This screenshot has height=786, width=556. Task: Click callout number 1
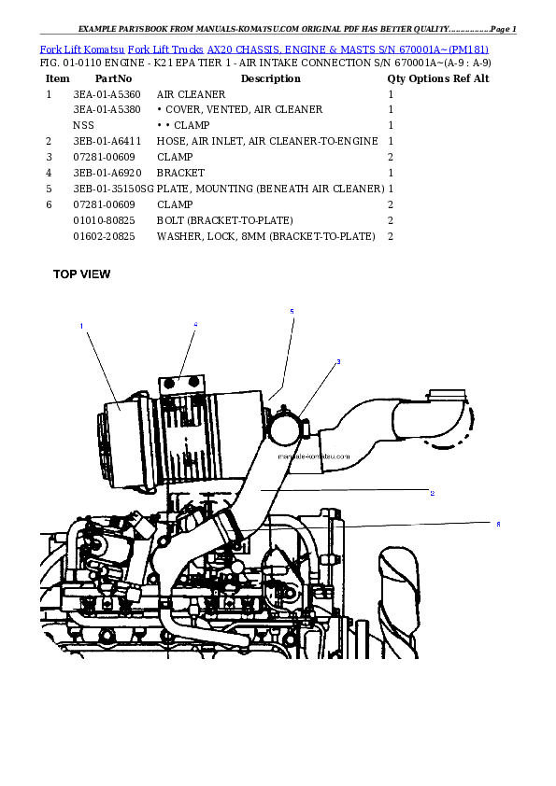coord(81,326)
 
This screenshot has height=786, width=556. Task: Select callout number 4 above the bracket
coord(195,324)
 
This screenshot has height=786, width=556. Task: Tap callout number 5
coord(292,311)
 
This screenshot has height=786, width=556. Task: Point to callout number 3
coord(338,361)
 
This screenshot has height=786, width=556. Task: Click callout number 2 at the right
coord(432,492)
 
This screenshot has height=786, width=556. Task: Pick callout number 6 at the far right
coord(498,525)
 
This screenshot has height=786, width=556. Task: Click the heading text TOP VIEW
coord(81,274)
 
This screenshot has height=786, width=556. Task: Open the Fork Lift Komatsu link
coord(82,48)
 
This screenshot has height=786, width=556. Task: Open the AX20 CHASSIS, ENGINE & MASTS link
coord(308,48)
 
